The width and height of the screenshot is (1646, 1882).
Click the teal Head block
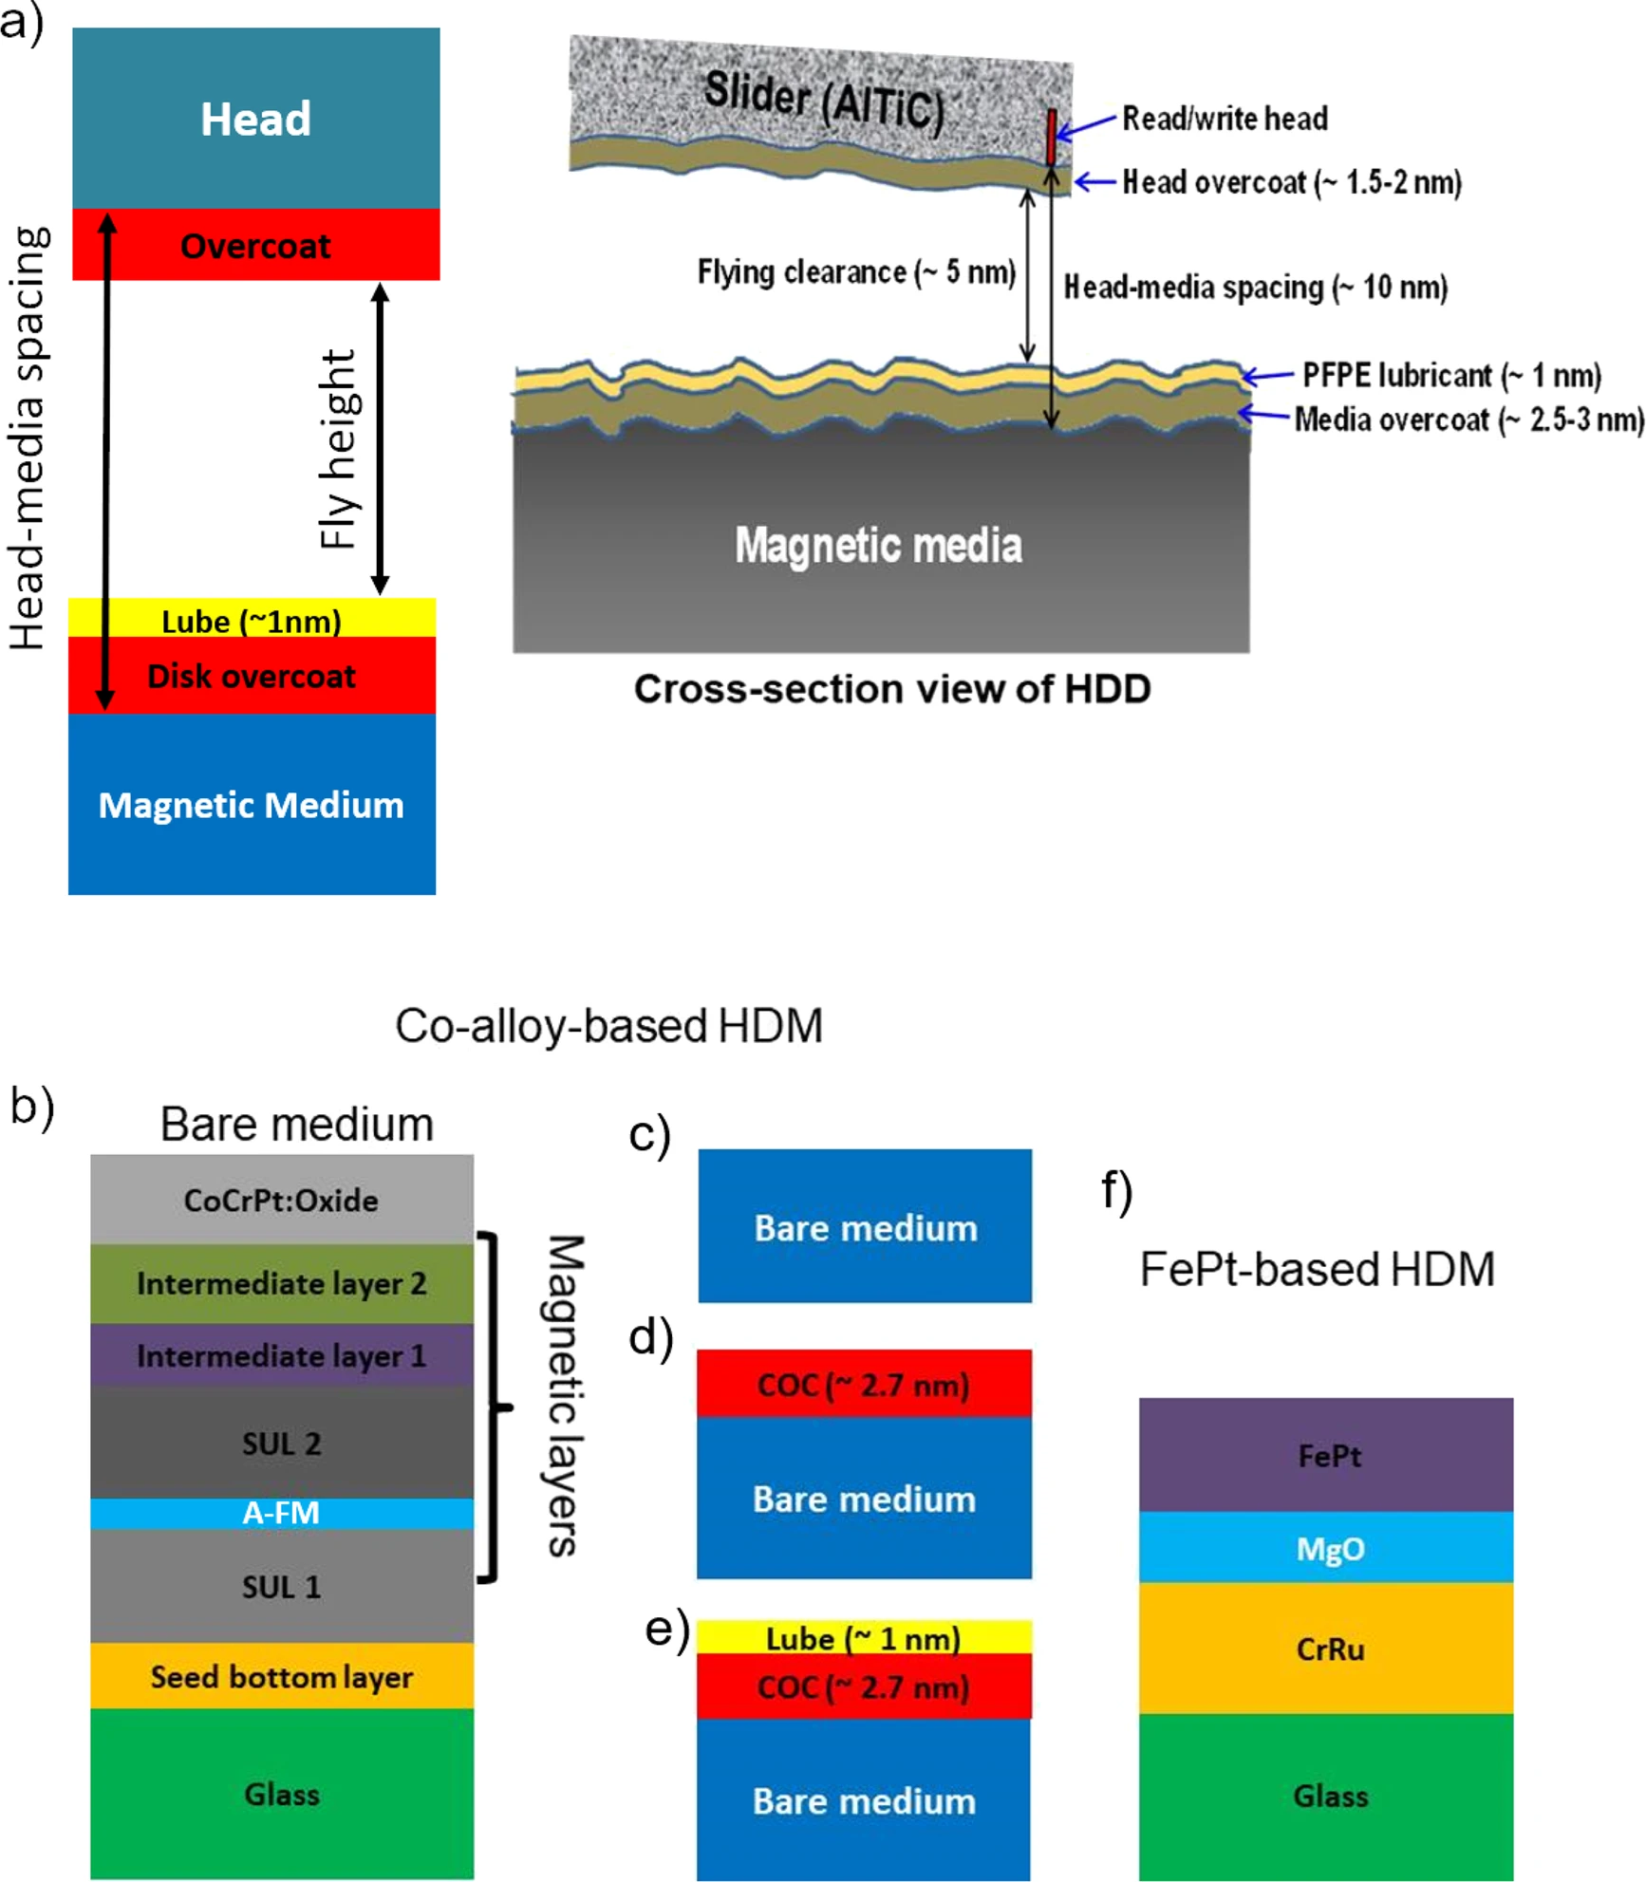coord(255,119)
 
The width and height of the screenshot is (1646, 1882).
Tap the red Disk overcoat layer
coord(252,676)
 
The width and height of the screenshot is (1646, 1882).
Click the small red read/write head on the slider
coord(1051,138)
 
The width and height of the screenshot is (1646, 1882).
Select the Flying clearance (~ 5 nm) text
coord(856,272)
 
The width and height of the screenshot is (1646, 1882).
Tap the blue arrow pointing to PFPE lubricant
coord(1267,377)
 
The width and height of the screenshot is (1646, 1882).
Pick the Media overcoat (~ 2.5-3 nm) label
coord(1468,419)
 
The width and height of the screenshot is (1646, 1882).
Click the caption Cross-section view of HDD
coord(891,689)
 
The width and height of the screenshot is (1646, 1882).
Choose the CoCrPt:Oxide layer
coord(281,1200)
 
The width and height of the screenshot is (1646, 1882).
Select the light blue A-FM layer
coord(281,1512)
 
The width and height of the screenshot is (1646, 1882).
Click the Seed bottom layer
coord(281,1676)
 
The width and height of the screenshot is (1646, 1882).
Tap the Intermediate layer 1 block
coord(281,1355)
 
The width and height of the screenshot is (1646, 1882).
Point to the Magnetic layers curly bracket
coord(494,1407)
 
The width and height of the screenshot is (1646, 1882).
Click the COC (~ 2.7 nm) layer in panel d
coord(863,1385)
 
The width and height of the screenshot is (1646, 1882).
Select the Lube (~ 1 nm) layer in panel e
coord(863,1638)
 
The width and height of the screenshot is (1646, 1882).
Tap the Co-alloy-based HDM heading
coord(608,1026)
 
